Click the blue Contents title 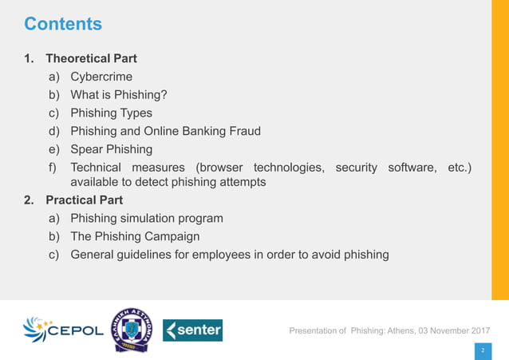pos(63,24)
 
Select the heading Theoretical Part pos(91,58)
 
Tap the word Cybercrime pos(101,77)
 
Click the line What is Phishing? pos(119,95)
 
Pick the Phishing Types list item pos(111,113)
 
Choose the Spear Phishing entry pos(111,148)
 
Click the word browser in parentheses pos(222,167)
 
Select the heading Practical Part pos(84,200)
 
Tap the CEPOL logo pos(63,330)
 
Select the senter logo pos(192,330)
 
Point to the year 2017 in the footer pos(476,330)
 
